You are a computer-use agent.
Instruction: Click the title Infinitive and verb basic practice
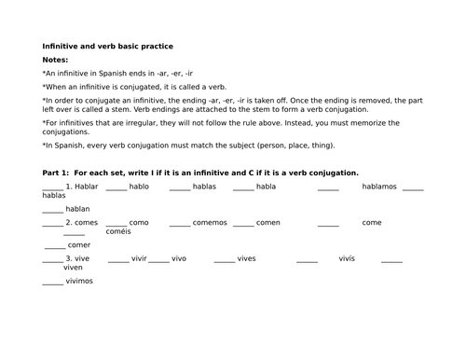108,45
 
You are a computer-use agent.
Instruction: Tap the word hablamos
378,186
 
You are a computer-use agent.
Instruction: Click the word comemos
209,223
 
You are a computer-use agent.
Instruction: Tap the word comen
268,223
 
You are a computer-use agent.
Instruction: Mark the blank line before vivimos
53,282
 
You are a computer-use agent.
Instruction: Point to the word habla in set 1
266,186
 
